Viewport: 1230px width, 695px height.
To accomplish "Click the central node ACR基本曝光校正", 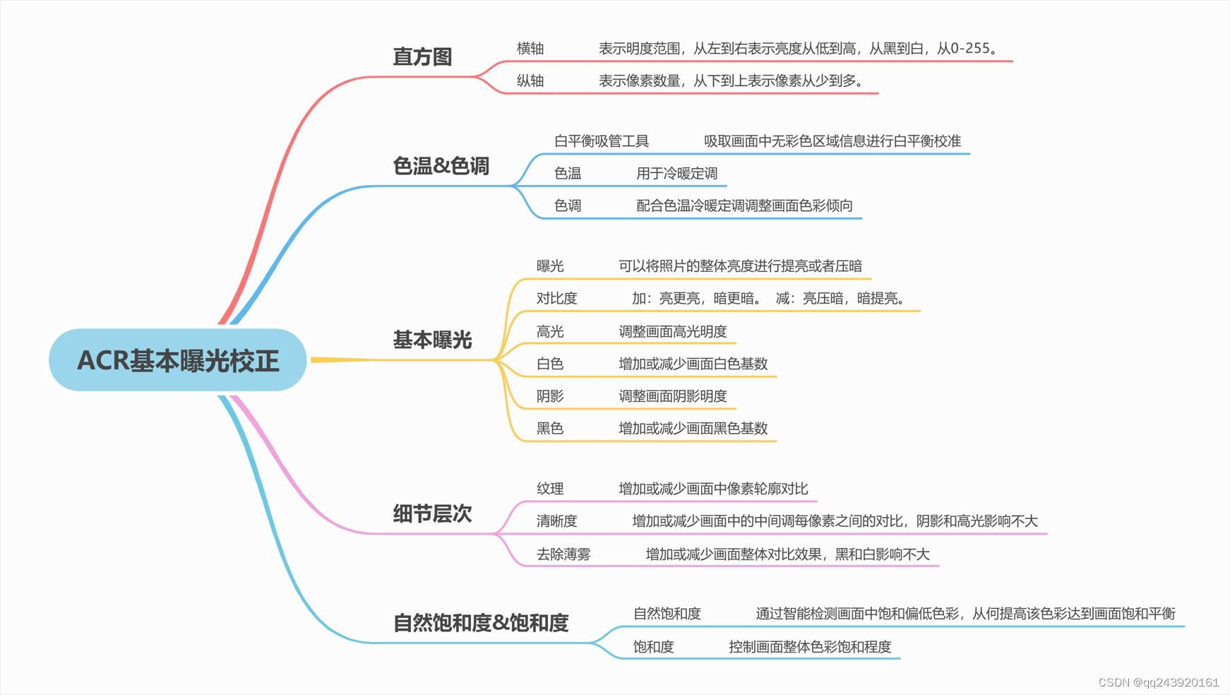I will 178,360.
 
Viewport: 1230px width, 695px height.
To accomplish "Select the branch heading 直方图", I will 422,57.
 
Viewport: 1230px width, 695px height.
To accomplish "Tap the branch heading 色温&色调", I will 441,166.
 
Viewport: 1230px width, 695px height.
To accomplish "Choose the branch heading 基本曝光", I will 432,340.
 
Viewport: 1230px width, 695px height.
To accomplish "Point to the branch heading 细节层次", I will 432,513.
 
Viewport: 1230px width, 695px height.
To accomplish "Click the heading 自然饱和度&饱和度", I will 481,623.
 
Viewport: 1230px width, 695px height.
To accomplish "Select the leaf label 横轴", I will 530,48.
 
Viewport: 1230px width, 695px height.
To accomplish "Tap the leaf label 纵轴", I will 530,81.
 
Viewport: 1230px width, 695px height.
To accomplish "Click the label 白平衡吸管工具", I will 602,141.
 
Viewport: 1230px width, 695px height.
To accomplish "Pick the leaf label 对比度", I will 556,298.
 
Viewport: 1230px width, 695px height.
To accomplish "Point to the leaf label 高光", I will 550,331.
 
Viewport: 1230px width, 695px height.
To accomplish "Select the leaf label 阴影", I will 550,396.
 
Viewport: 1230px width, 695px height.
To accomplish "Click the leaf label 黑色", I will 550,428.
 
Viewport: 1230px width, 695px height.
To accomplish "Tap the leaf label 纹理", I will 550,488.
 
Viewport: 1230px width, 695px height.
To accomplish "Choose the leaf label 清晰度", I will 556,521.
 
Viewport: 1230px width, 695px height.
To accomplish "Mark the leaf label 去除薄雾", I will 563,554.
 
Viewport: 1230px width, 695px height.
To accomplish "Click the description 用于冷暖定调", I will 676,173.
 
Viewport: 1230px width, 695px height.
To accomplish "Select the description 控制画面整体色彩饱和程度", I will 810,646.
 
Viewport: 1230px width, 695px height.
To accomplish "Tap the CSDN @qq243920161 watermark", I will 1159,682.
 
